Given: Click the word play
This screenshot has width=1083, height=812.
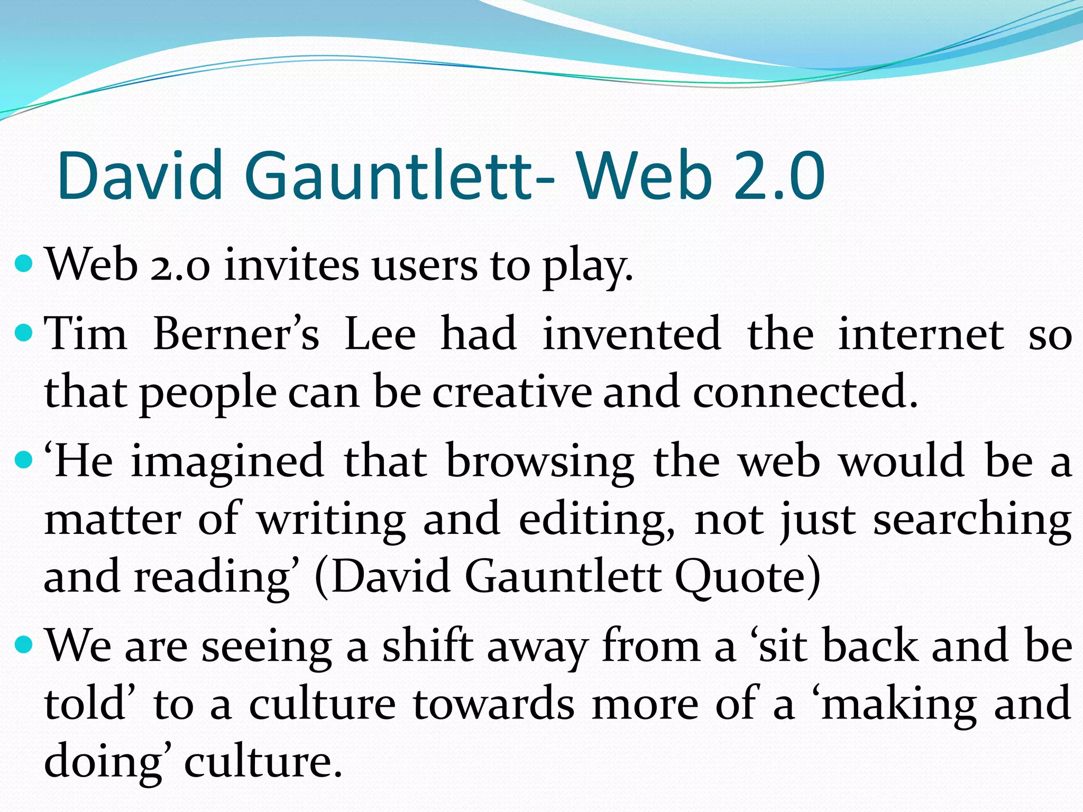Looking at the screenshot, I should pyautogui.click(x=588, y=266).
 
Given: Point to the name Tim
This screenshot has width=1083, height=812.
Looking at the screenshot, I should pyautogui.click(x=86, y=334).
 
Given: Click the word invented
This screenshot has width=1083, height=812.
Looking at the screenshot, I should pyautogui.click(x=632, y=334).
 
